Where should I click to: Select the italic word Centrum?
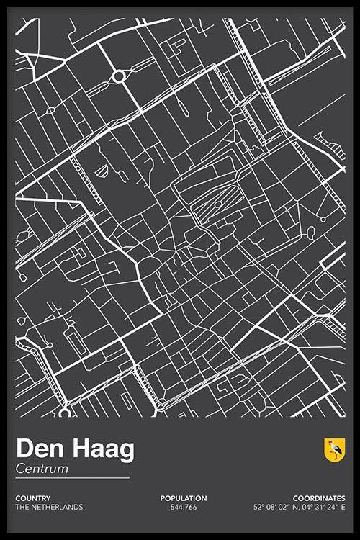42,469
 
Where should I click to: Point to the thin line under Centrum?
72,478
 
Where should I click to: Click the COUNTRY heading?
32,498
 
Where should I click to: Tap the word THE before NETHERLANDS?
22,507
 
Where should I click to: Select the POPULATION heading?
184,498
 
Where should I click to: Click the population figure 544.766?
184,507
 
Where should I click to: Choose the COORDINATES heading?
318,498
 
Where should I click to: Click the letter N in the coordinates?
292,507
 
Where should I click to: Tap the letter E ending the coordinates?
343,507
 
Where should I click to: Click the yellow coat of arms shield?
335,450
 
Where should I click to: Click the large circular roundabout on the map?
120,75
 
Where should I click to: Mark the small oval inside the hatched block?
218,204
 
